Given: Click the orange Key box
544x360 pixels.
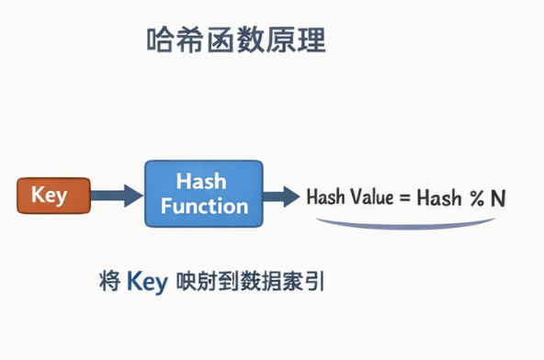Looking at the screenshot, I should pyautogui.click(x=54, y=196).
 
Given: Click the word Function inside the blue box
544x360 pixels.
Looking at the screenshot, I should pyautogui.click(x=205, y=206).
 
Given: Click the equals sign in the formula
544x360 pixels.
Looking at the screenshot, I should pyautogui.click(x=403, y=197).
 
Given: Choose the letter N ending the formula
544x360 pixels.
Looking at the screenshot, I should pyautogui.click(x=498, y=197).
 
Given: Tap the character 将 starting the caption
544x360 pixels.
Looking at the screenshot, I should pyautogui.click(x=108, y=282).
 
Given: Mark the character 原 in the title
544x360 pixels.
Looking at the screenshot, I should pyautogui.click(x=280, y=42).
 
